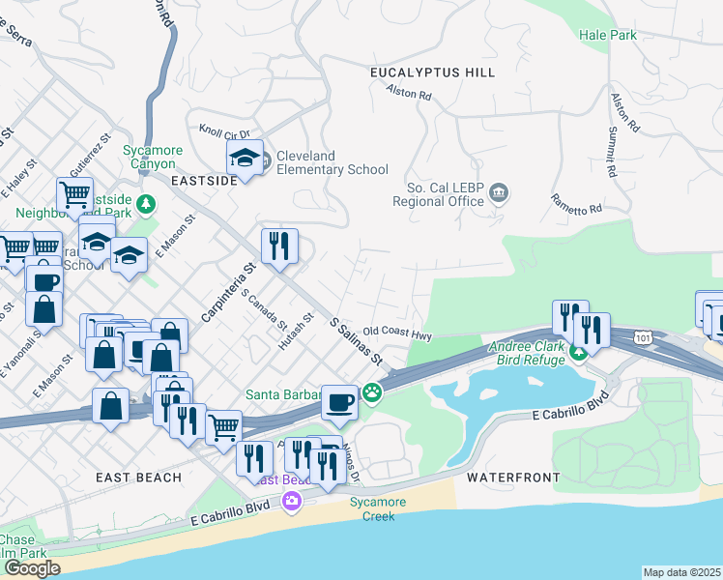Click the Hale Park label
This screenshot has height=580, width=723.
(608, 35)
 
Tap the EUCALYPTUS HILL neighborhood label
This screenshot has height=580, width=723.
(432, 72)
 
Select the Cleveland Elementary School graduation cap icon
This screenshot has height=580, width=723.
(246, 159)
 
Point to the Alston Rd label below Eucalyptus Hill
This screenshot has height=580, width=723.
(408, 94)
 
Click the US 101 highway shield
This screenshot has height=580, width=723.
(643, 336)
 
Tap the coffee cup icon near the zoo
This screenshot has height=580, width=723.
(339, 400)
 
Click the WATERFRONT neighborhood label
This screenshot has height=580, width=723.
(513, 478)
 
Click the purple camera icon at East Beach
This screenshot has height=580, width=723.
(291, 501)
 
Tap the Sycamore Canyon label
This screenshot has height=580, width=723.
(149, 157)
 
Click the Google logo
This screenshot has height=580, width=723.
(32, 568)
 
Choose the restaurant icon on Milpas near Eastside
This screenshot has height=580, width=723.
(279, 246)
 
